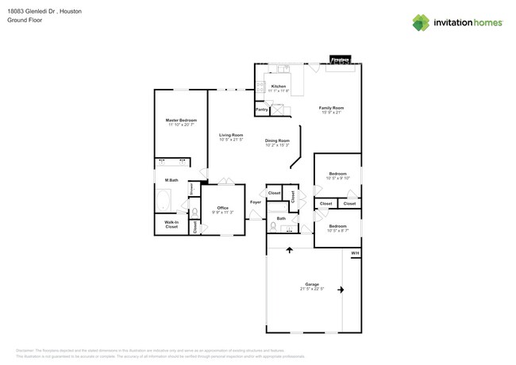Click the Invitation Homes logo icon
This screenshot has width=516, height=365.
pos(422,22)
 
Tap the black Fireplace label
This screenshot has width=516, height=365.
pos(341,60)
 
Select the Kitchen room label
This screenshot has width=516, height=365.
pos(279,86)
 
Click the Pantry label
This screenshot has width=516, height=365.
pos(261,109)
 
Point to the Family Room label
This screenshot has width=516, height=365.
pos(331,107)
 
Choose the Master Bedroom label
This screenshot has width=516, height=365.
pos(181,120)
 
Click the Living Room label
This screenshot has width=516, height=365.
pos(231,136)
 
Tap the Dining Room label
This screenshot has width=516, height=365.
pos(277,140)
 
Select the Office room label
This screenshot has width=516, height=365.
pos(222,208)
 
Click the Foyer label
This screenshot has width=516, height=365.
pos(256,202)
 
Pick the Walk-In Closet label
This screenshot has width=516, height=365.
pos(171,225)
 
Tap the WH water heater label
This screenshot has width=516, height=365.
pos(355,253)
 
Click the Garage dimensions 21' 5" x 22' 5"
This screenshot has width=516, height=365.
pos(312,289)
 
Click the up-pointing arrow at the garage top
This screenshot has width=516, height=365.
pos(288,251)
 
